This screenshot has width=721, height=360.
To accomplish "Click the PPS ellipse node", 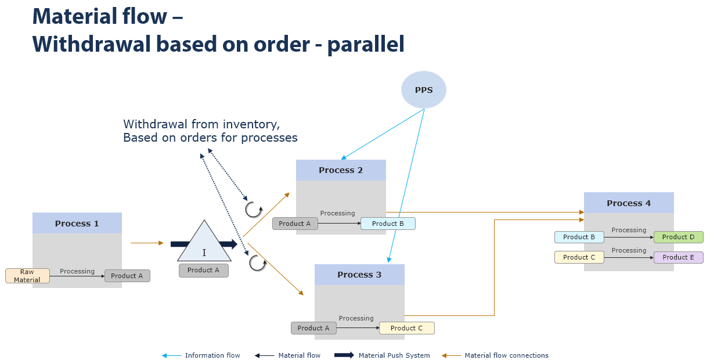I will [x=424, y=90].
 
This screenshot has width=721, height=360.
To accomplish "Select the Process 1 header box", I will [x=77, y=223].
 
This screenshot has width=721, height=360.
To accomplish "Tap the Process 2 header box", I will [x=341, y=170].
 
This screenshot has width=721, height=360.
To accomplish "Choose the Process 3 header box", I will [x=359, y=275].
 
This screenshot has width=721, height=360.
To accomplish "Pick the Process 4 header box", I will [x=629, y=203].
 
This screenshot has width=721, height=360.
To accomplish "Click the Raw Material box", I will [x=27, y=276].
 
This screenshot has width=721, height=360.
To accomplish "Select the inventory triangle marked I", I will [x=204, y=244].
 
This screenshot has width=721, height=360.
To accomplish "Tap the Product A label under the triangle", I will [x=204, y=270].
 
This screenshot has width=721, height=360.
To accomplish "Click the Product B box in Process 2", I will [x=388, y=224].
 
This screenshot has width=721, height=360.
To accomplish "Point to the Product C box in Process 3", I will [x=406, y=328].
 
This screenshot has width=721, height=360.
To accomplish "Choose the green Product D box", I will [x=678, y=237].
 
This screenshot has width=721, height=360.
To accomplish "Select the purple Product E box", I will [x=678, y=257].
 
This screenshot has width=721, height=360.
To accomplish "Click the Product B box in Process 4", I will [x=579, y=237].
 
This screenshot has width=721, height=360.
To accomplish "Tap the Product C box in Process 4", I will [x=579, y=257].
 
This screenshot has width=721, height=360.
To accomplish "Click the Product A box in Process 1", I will [x=127, y=276].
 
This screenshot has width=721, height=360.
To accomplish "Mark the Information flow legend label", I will [x=212, y=355].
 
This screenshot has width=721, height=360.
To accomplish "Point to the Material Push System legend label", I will [x=394, y=355].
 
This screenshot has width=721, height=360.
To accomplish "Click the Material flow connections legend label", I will [x=506, y=355].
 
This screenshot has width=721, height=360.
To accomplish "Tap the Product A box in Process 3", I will [x=313, y=328].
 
